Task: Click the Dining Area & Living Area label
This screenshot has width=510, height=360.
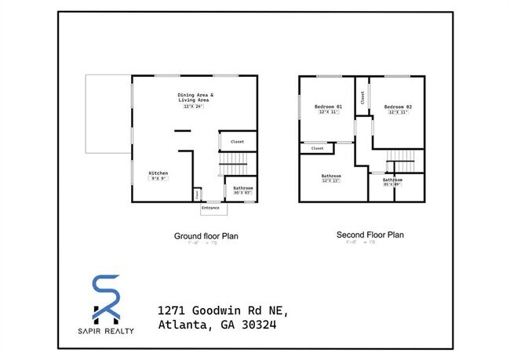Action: (x=195, y=98)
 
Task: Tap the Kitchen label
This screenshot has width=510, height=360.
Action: (x=158, y=173)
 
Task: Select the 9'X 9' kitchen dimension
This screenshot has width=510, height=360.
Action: (x=158, y=179)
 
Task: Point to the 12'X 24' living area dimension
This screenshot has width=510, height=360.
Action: (x=195, y=107)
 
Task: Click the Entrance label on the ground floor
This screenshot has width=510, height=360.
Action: (x=210, y=208)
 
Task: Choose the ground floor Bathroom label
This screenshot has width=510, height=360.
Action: (x=243, y=188)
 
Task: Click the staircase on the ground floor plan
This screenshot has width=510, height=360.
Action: (x=233, y=165)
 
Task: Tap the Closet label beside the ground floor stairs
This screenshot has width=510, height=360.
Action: (x=237, y=142)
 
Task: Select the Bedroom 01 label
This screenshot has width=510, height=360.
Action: (x=328, y=107)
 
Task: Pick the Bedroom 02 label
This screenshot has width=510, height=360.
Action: (x=398, y=107)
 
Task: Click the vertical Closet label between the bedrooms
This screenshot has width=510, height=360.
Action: (x=362, y=98)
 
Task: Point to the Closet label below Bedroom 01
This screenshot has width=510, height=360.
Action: (x=318, y=147)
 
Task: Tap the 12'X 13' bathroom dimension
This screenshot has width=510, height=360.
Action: (x=330, y=181)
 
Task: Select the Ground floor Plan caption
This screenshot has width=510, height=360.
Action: (x=206, y=235)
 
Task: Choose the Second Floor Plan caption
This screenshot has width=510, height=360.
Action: (x=370, y=235)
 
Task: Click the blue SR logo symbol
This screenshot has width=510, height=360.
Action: (x=106, y=299)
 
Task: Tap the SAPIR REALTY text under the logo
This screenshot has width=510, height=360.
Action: (x=107, y=331)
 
